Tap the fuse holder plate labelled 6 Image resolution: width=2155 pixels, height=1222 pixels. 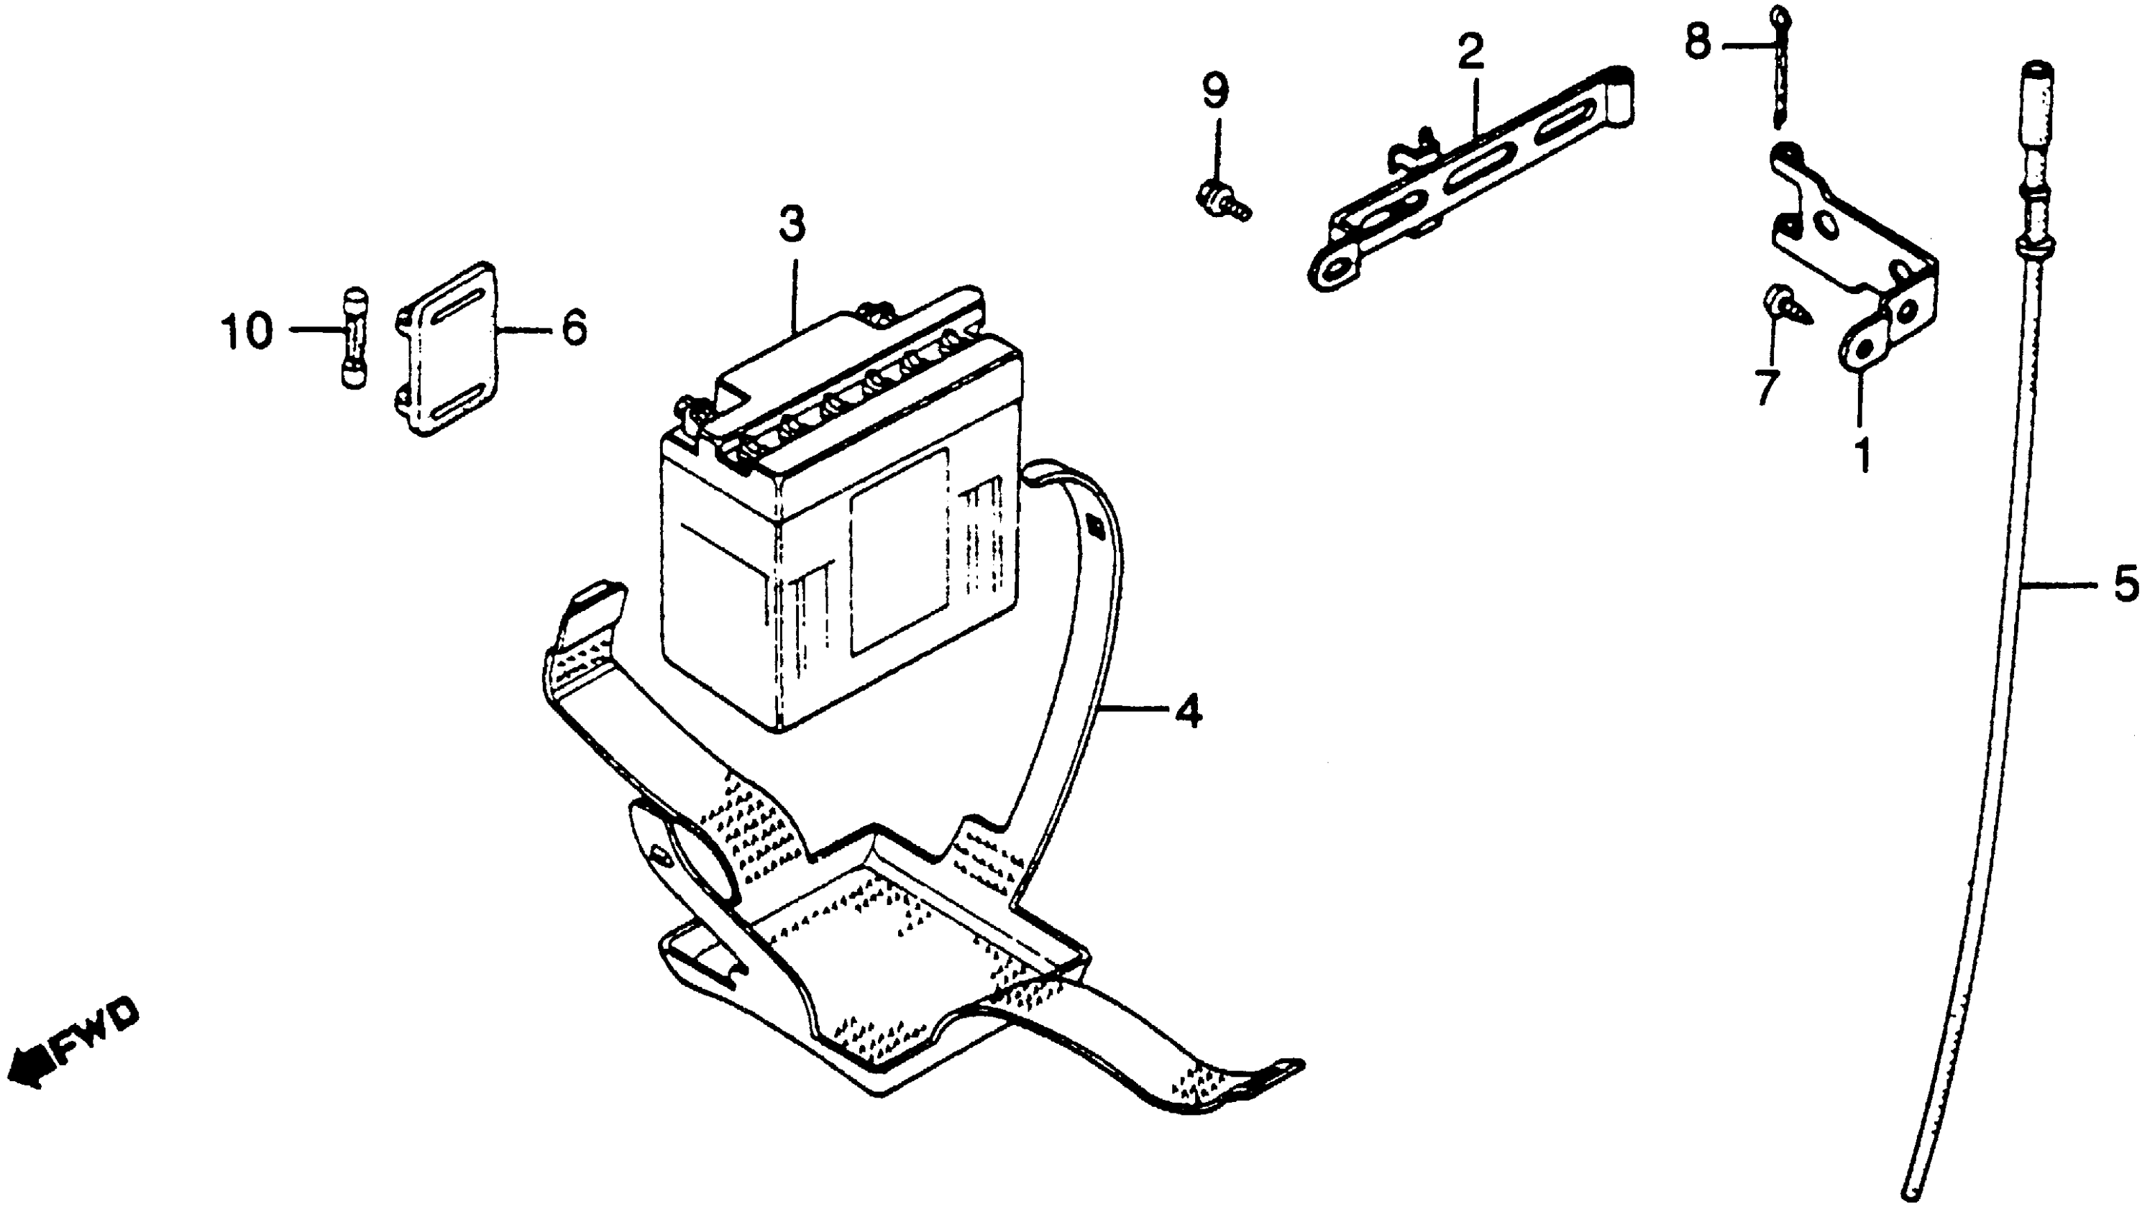click(x=447, y=349)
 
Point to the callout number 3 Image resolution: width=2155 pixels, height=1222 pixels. click(x=791, y=224)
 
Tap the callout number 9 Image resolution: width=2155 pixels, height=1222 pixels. click(x=1214, y=91)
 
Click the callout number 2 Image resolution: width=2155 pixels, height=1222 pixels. click(x=1470, y=52)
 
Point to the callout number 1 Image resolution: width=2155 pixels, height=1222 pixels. click(x=1862, y=455)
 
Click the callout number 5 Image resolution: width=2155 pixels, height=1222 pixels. click(x=2125, y=584)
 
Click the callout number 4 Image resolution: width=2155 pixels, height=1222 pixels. click(x=1187, y=712)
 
